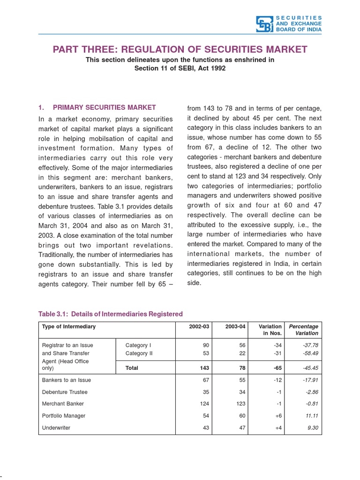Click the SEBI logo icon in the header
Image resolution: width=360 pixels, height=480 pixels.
coord(264,24)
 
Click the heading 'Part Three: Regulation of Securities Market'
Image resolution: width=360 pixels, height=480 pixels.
coord(180,50)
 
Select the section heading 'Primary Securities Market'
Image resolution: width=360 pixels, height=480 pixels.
coord(104,108)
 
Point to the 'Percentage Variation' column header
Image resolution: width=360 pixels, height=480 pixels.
coord(303,330)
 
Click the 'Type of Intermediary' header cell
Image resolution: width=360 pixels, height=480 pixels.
coord(69,326)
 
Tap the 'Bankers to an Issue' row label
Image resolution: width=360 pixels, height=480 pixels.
coord(67,380)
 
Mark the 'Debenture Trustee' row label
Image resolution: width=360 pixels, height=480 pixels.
coord(65,392)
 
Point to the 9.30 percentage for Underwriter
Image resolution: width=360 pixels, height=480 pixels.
coord(311,427)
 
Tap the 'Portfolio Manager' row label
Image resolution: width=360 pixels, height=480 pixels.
coord(64,416)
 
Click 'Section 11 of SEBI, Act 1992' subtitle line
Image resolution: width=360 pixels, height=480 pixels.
coord(180,68)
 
